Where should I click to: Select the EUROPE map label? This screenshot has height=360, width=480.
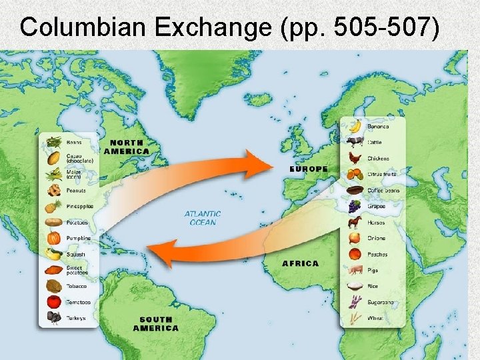click(309, 169)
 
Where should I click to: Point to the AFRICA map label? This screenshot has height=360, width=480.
click(300, 263)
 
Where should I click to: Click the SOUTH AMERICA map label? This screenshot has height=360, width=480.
click(155, 323)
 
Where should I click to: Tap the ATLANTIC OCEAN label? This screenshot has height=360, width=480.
click(203, 218)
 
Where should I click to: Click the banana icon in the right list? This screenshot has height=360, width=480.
click(355, 125)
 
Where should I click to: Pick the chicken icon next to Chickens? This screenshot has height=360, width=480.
click(355, 158)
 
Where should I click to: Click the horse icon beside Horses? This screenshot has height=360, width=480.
click(355, 222)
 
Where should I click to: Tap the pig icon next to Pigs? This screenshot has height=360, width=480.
click(355, 270)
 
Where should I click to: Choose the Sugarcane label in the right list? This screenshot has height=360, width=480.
click(381, 302)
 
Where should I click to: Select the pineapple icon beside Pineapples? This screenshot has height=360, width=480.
click(53, 206)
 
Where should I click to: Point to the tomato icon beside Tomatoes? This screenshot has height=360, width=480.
click(53, 301)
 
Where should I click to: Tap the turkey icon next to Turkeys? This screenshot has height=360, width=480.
click(53, 318)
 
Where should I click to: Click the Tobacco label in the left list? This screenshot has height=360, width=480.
click(76, 286)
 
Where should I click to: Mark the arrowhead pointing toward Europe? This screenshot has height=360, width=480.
click(257, 163)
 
